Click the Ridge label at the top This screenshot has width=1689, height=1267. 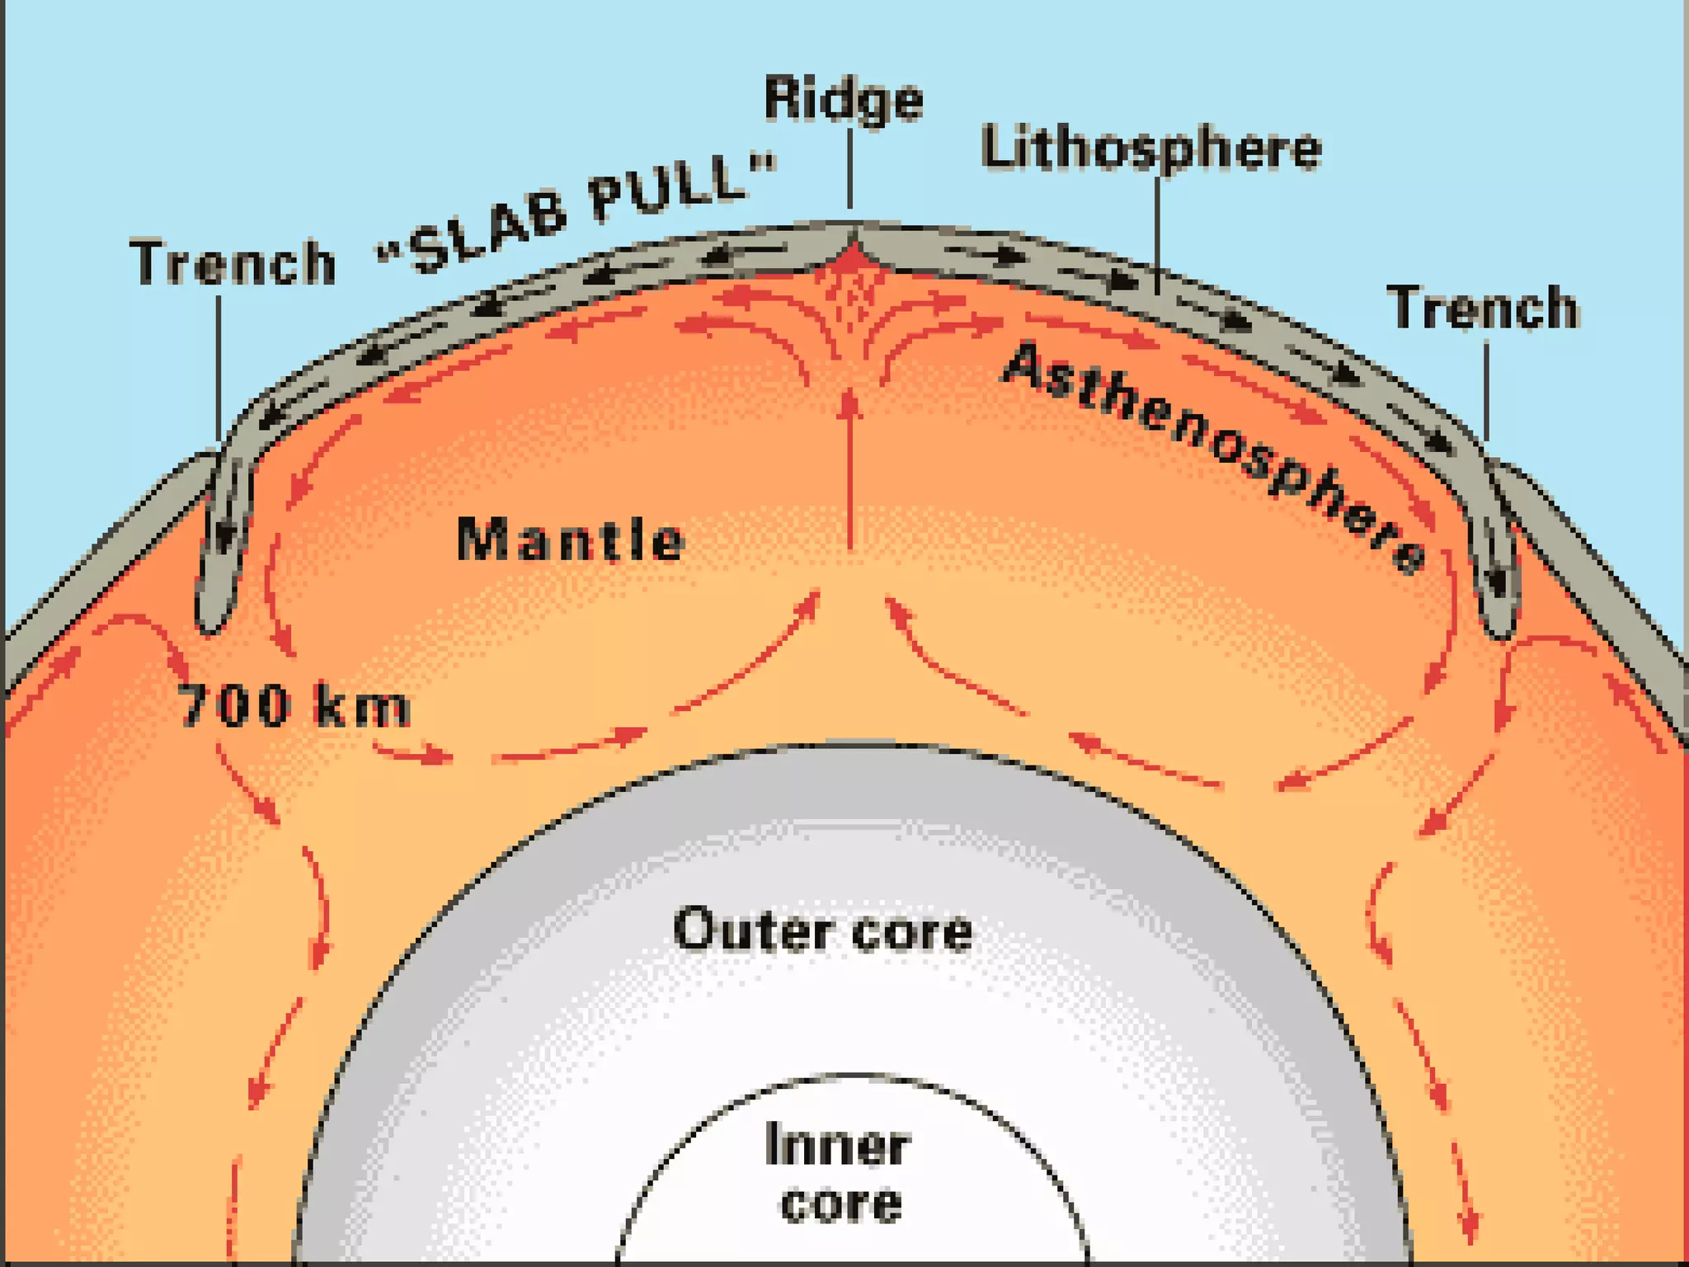point(843,100)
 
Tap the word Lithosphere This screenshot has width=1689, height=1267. point(1150,149)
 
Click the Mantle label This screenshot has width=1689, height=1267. point(570,540)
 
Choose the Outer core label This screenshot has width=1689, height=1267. point(822,930)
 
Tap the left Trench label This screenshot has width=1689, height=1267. point(233,262)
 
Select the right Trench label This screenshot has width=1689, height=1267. point(1482,308)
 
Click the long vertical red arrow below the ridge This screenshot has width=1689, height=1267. point(850,470)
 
